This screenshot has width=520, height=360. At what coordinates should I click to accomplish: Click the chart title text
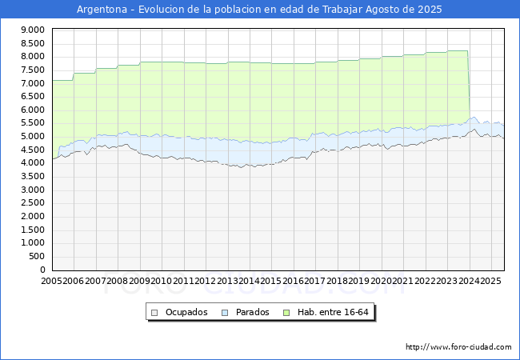259,10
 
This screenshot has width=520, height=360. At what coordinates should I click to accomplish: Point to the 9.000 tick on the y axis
31,30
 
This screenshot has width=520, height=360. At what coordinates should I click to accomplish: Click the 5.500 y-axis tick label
31,123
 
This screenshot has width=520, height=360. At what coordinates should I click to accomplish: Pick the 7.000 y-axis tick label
31,83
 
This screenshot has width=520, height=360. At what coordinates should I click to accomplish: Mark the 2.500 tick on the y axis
31,203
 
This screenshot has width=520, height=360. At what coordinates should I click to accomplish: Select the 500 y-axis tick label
36,256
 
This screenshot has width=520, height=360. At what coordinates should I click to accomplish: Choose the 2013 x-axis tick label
227,281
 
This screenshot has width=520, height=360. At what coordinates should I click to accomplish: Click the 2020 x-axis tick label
381,281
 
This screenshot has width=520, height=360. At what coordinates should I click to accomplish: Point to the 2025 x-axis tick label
490,281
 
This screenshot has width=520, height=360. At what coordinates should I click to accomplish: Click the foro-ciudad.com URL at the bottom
458,347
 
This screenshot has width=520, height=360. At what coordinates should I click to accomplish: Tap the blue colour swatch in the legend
224,312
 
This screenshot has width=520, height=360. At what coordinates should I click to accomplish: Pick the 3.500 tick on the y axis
31,176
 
